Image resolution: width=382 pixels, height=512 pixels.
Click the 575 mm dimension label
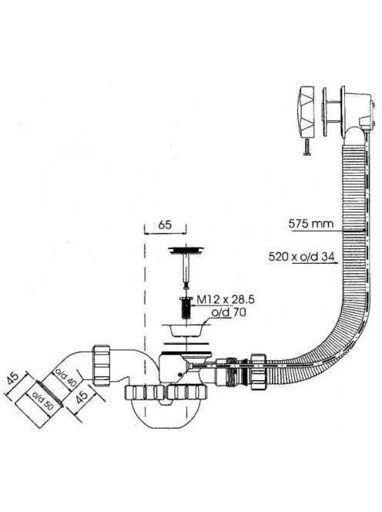(311, 224)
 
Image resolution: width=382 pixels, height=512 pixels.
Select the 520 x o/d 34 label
(302, 257)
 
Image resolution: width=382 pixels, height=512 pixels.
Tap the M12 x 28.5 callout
(226, 299)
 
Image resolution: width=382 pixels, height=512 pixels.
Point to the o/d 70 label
(229, 312)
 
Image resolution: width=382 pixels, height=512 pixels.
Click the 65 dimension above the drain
(165, 225)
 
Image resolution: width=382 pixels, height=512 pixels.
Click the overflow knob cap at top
(307, 112)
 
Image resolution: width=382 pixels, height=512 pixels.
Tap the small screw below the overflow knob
(307, 147)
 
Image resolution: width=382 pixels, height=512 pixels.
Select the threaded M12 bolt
(186, 308)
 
